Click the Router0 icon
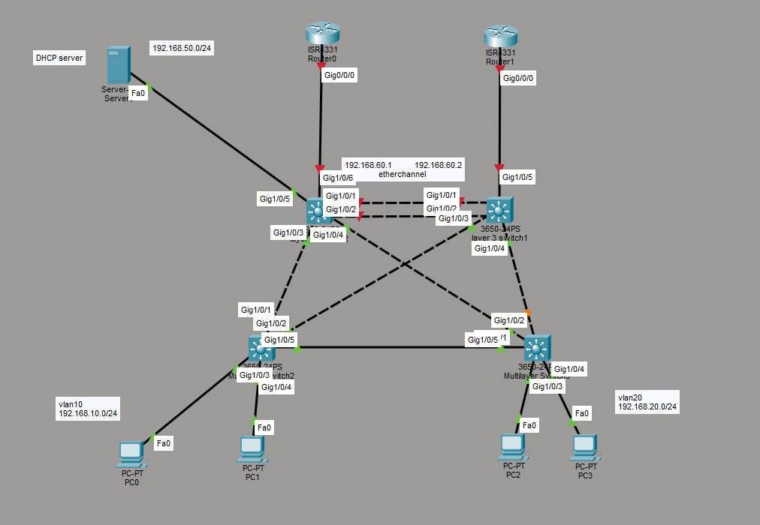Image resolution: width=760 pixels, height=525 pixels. coord(323,34)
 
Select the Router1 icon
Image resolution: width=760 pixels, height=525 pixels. coord(501,35)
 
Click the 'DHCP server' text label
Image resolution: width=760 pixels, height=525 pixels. coord(59,57)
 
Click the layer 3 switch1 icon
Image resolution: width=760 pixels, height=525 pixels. coord(499,208)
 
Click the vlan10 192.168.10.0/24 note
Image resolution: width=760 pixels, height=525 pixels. coord(88,409)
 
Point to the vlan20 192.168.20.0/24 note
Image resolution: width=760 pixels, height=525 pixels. coord(647,401)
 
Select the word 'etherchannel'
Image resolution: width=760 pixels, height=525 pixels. coord(402,174)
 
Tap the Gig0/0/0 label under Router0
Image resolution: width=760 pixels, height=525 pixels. coord(339,75)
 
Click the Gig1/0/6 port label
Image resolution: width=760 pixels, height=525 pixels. coord(336,178)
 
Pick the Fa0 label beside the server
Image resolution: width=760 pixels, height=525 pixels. coord(138,94)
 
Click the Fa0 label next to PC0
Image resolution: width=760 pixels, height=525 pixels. coord(163,443)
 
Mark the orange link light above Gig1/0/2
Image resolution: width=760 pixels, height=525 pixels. coord(528,313)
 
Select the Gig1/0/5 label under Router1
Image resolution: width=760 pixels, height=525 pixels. coord(517,178)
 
